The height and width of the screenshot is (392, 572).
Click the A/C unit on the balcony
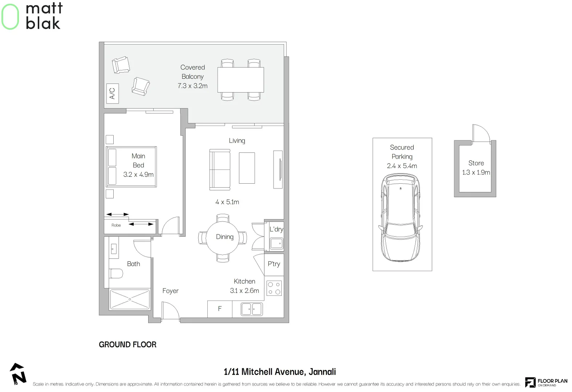pyautogui.click(x=112, y=93)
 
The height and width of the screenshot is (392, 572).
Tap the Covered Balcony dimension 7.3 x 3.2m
pyautogui.click(x=192, y=86)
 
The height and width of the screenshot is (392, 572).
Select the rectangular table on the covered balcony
pyautogui.click(x=240, y=79)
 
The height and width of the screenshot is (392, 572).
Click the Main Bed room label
pyautogui.click(x=138, y=160)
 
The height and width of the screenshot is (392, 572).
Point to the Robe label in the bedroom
pyautogui.click(x=116, y=225)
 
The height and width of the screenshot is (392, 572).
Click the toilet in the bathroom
pyautogui.click(x=116, y=273)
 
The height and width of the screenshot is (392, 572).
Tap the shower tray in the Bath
pyautogui.click(x=130, y=299)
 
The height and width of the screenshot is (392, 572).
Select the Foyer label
pyautogui.click(x=170, y=291)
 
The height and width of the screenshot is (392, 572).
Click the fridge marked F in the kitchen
pyautogui.click(x=220, y=309)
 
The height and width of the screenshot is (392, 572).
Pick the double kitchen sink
pyautogui.click(x=252, y=309)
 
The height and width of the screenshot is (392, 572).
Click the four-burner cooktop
pyautogui.click(x=274, y=288)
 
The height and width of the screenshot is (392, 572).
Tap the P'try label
pyautogui.click(x=274, y=264)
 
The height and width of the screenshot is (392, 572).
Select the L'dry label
pyautogui.click(x=276, y=229)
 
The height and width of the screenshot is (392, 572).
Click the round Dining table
pyautogui.click(x=223, y=237)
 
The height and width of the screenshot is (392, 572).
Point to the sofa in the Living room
pyautogui.click(x=220, y=170)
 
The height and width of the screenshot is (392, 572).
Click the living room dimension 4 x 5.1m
pyautogui.click(x=227, y=202)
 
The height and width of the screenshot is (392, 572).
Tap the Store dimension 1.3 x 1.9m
pyautogui.click(x=476, y=172)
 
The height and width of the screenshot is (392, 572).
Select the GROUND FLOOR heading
pyautogui.click(x=127, y=344)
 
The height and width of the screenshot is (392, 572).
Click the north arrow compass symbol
pyautogui.click(x=18, y=374)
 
